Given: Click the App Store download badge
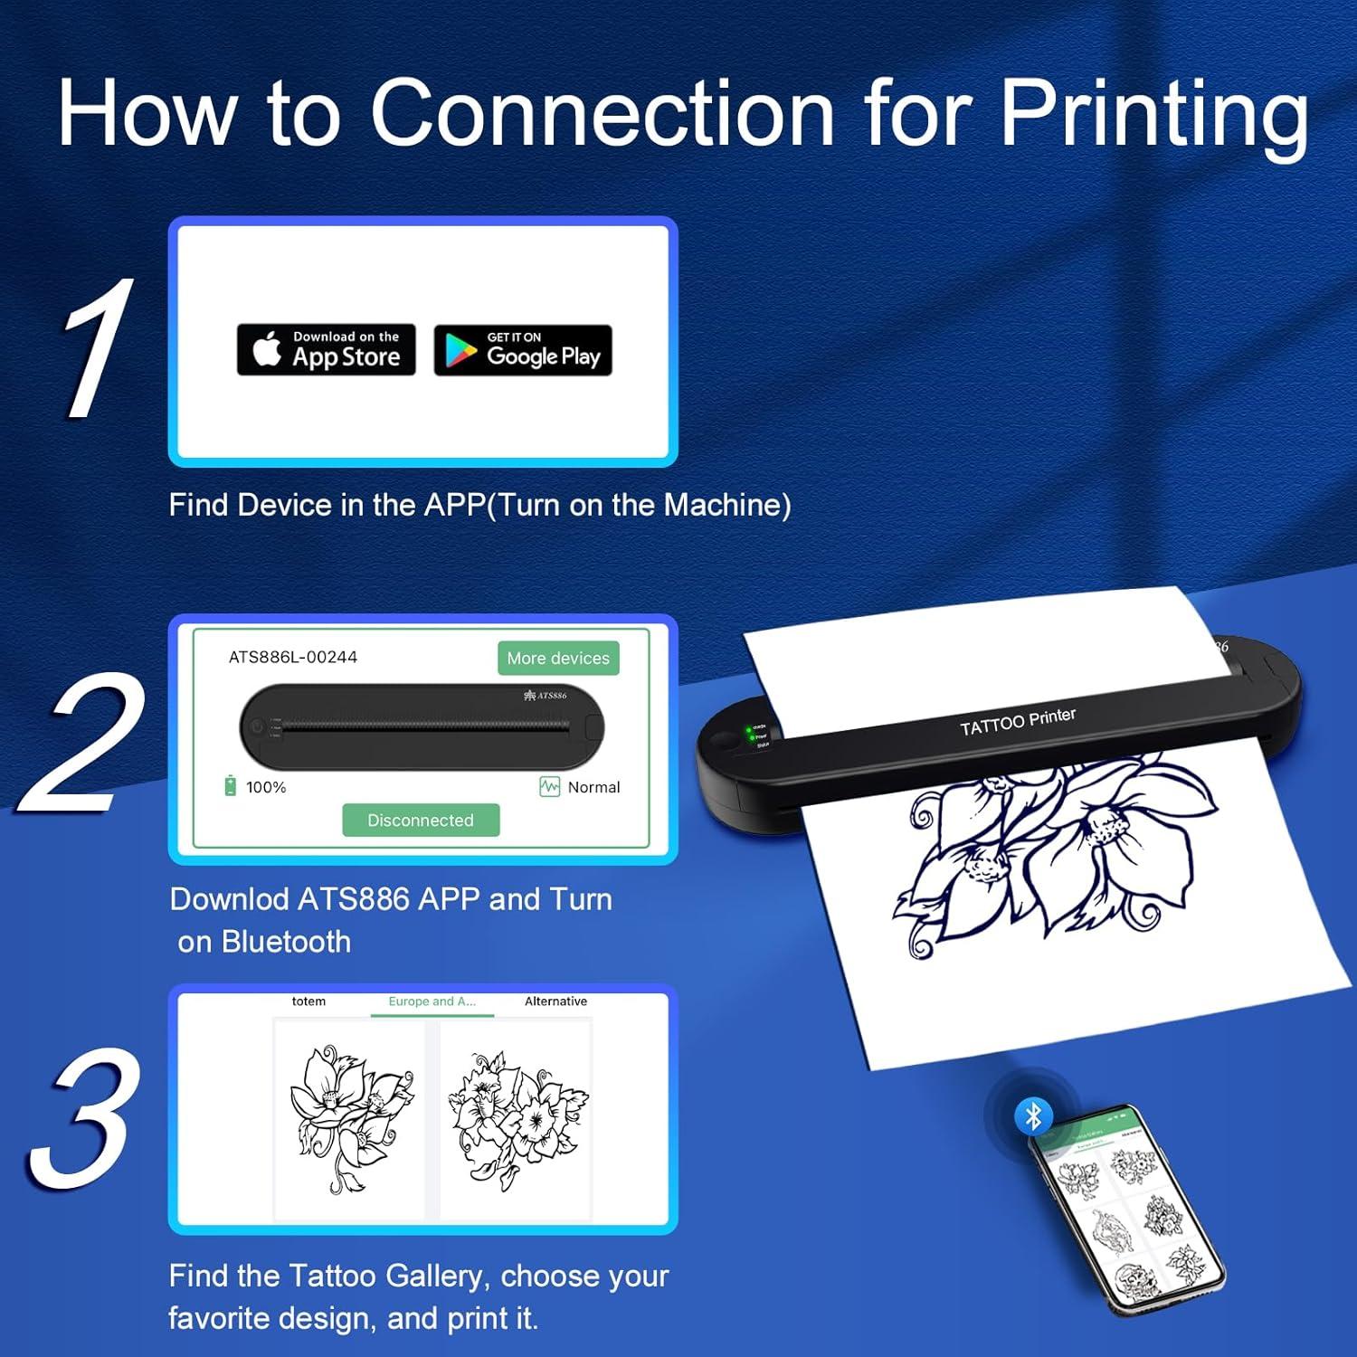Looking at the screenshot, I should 326,349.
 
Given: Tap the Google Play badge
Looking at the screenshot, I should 523,350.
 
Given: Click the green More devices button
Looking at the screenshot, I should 558,658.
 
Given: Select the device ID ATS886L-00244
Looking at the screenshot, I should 292,657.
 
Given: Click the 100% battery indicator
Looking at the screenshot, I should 256,787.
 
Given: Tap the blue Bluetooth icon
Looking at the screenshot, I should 1033,1115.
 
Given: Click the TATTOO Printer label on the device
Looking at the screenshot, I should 1018,722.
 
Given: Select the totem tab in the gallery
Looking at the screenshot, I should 308,1001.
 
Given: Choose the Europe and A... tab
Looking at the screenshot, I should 432,1001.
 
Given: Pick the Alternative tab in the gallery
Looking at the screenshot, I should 555,1001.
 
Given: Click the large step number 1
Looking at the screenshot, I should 97,348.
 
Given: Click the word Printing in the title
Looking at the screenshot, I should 1153,113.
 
